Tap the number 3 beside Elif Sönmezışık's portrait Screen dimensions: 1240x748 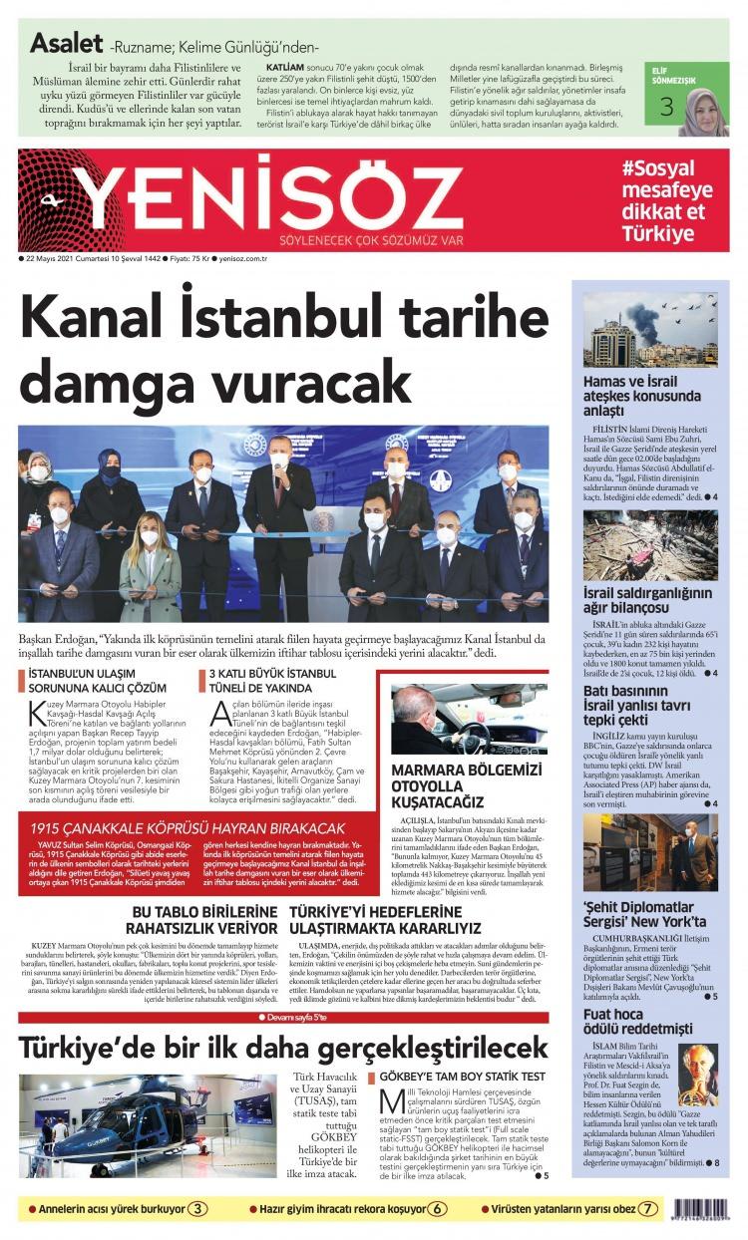pyautogui.click(x=665, y=107)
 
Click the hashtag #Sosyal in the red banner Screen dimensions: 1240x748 pyautogui.click(x=657, y=169)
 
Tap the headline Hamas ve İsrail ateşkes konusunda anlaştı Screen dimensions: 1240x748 pyautogui.click(x=637, y=395)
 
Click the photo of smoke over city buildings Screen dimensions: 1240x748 pyautogui.click(x=649, y=330)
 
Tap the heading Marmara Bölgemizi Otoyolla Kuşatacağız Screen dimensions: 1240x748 pyautogui.click(x=465, y=785)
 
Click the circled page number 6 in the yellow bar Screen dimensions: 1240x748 pyautogui.click(x=439, y=1208)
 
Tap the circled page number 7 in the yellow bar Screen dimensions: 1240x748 pyautogui.click(x=649, y=1208)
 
